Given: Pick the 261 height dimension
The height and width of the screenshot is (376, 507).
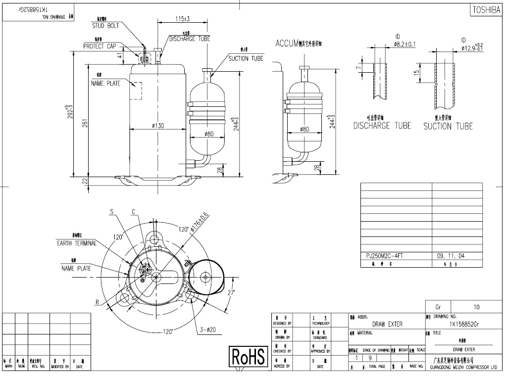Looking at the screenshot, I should click(x=85, y=123).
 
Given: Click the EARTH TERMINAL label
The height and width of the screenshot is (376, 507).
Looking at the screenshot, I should click(x=76, y=243).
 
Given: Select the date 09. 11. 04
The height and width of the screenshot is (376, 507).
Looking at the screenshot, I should click(x=451, y=256).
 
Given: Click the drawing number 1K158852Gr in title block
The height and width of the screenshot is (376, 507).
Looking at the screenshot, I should click(x=464, y=324).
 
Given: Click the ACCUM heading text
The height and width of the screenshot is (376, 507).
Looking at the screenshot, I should click(x=285, y=44).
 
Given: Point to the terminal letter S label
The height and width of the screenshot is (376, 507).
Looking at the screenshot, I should click(x=111, y=211).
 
